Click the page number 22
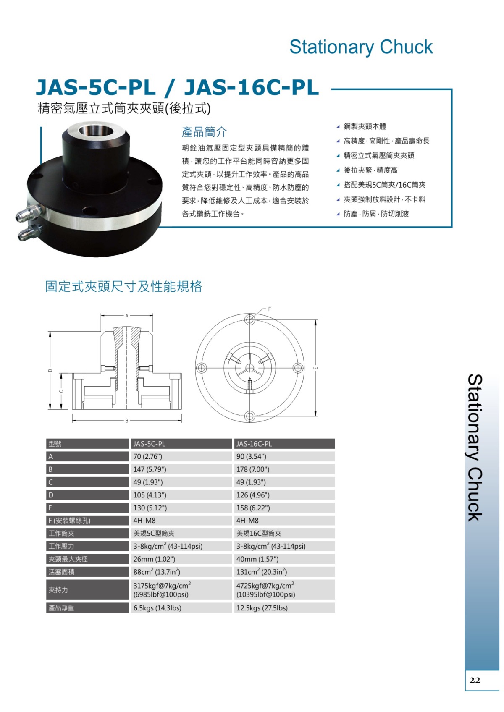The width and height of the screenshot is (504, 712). (x=475, y=680)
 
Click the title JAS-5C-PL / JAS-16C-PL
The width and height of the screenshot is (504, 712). (x=177, y=88)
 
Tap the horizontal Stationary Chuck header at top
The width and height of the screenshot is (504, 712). (x=361, y=47)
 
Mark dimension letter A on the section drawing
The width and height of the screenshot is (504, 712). (x=127, y=315)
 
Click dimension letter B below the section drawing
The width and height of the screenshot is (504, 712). (x=127, y=420)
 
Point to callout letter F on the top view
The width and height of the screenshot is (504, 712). (x=270, y=309)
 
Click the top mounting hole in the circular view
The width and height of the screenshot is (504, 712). (x=250, y=320)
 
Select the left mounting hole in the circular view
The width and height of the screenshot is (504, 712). (x=202, y=368)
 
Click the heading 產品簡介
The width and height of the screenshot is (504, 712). (x=204, y=132)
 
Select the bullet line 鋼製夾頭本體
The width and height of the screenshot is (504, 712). (x=365, y=126)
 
